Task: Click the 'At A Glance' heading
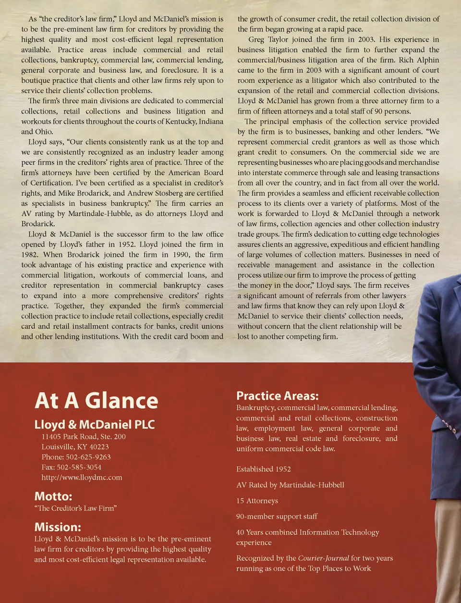[96, 401]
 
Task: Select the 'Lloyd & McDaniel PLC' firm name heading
[95, 424]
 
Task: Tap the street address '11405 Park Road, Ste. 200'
[84, 437]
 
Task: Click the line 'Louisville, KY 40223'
[75, 447]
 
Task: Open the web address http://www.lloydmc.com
[82, 478]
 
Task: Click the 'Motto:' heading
[53, 496]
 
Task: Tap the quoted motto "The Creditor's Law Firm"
[75, 508]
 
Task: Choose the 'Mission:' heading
[58, 527]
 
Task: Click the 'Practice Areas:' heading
[277, 396]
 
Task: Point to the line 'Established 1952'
[263, 469]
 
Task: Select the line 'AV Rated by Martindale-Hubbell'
[290, 485]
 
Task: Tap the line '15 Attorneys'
[257, 501]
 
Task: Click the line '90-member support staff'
[277, 517]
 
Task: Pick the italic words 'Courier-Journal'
[323, 558]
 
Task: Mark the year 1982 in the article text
[30, 255]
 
